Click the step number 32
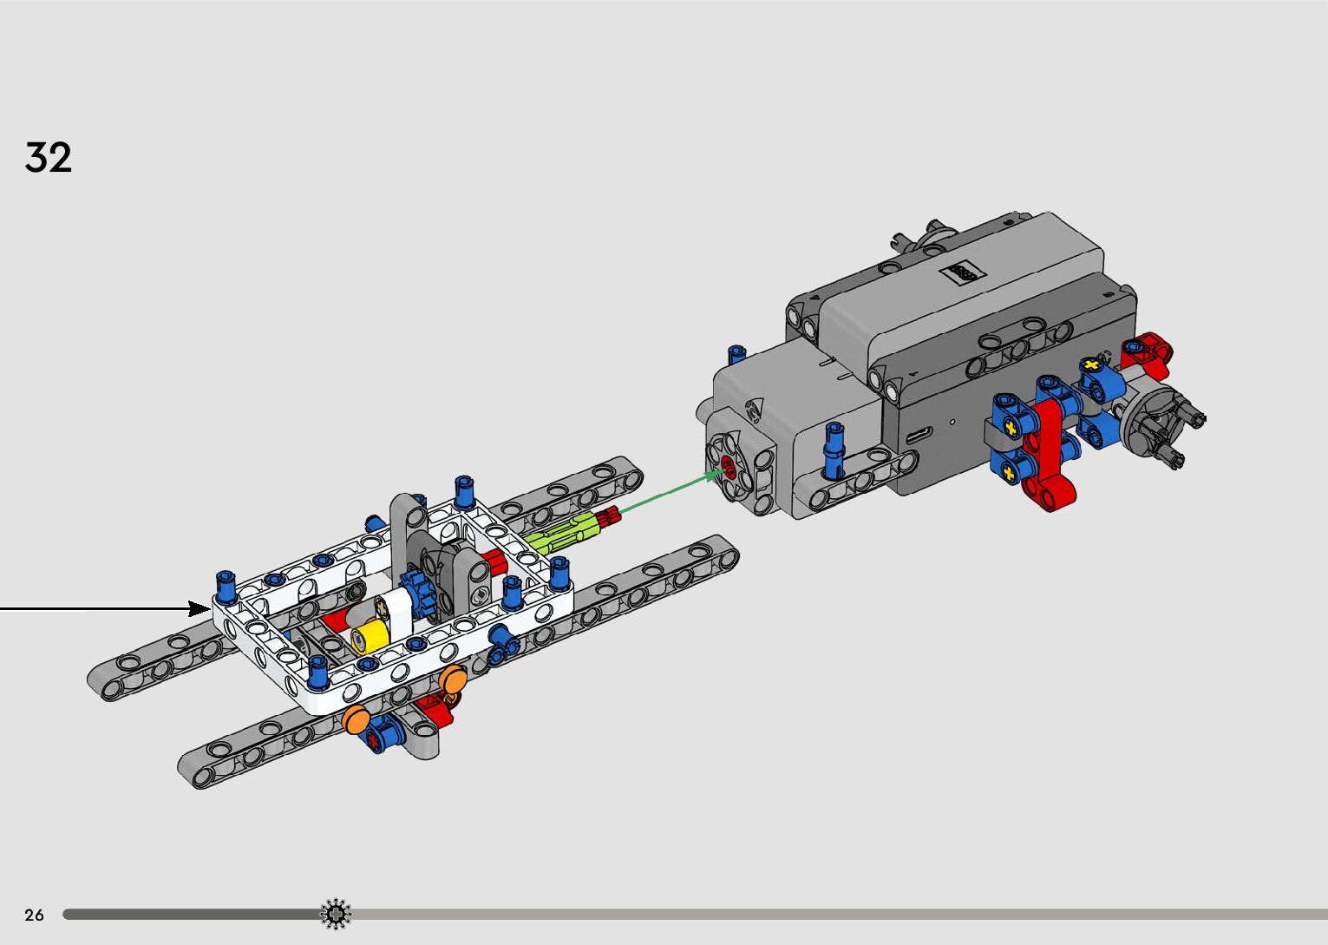(x=48, y=157)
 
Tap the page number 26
(x=35, y=915)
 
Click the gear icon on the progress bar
(x=336, y=914)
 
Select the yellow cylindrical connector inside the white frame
(x=369, y=637)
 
